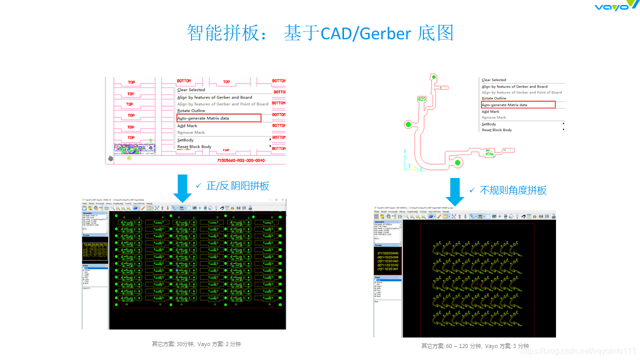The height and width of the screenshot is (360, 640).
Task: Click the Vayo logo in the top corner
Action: tap(616, 5)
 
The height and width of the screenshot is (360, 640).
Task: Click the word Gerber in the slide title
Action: tap(385, 33)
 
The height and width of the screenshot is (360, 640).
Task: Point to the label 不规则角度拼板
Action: tap(513, 190)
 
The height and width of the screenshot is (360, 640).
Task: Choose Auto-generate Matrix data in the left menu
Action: tap(203, 118)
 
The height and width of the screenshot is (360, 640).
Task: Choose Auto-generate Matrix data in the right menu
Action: tap(504, 105)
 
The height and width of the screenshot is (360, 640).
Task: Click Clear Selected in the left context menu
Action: tap(191, 90)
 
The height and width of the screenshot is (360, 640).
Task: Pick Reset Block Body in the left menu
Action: tap(194, 146)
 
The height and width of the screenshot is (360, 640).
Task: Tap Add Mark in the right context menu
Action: tap(490, 111)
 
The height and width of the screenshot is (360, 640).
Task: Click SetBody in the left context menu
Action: tap(185, 140)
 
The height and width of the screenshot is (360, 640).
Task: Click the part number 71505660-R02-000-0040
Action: tap(241, 160)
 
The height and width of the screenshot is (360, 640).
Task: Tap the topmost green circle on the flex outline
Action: tap(434, 77)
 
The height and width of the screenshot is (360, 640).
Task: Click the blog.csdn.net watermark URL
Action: tap(577, 351)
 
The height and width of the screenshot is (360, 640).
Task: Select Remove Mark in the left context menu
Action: tap(191, 132)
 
